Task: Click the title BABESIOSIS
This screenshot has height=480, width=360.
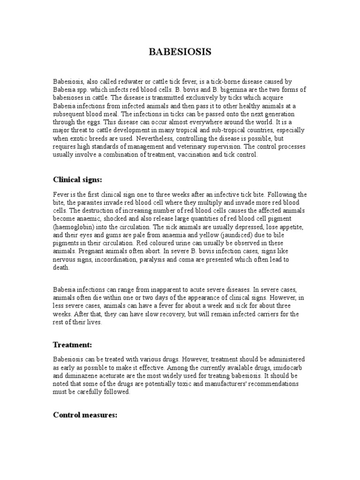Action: tap(180, 52)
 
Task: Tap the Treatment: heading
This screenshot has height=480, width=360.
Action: tap(72, 345)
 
